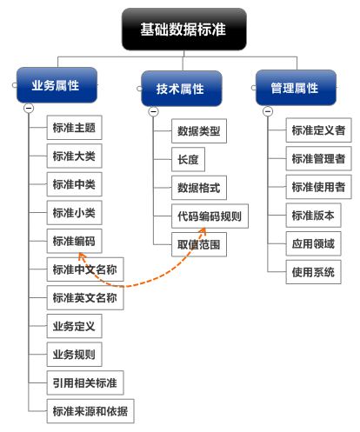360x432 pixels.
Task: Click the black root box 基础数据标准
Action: [x=184, y=29]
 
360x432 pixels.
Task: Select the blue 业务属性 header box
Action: [x=57, y=85]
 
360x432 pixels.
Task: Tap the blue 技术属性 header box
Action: [x=182, y=89]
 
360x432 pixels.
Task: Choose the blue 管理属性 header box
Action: [x=296, y=88]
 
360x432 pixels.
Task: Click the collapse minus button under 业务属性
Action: [x=29, y=109]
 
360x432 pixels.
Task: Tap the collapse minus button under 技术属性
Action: [x=154, y=111]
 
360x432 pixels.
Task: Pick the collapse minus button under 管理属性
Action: [x=268, y=111]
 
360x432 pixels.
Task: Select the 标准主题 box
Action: [x=75, y=128]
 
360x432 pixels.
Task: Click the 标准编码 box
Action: [x=75, y=241]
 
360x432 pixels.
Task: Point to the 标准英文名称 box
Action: [x=85, y=298]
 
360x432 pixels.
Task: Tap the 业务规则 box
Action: [x=75, y=355]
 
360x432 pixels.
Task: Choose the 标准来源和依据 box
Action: [x=90, y=411]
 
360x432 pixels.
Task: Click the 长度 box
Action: [x=189, y=159]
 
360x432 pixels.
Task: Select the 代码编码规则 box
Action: [x=210, y=216]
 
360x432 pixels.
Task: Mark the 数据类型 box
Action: [x=199, y=131]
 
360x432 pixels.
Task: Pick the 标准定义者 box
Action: [x=319, y=130]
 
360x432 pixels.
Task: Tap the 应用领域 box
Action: [x=314, y=243]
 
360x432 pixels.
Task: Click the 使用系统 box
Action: [x=314, y=272]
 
